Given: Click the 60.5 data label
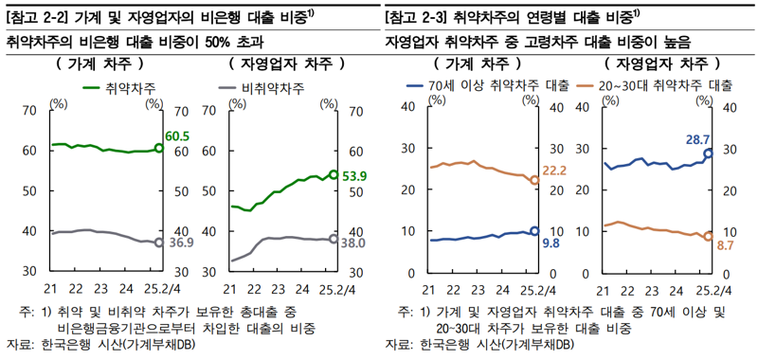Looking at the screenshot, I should [x=177, y=137].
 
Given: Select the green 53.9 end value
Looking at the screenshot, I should [x=355, y=175].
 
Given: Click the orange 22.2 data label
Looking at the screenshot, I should [x=554, y=171].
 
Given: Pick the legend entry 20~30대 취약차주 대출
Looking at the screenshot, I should [x=665, y=85].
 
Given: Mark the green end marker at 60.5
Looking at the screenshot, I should [x=158, y=149].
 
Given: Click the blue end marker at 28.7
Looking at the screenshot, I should [x=708, y=153].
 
